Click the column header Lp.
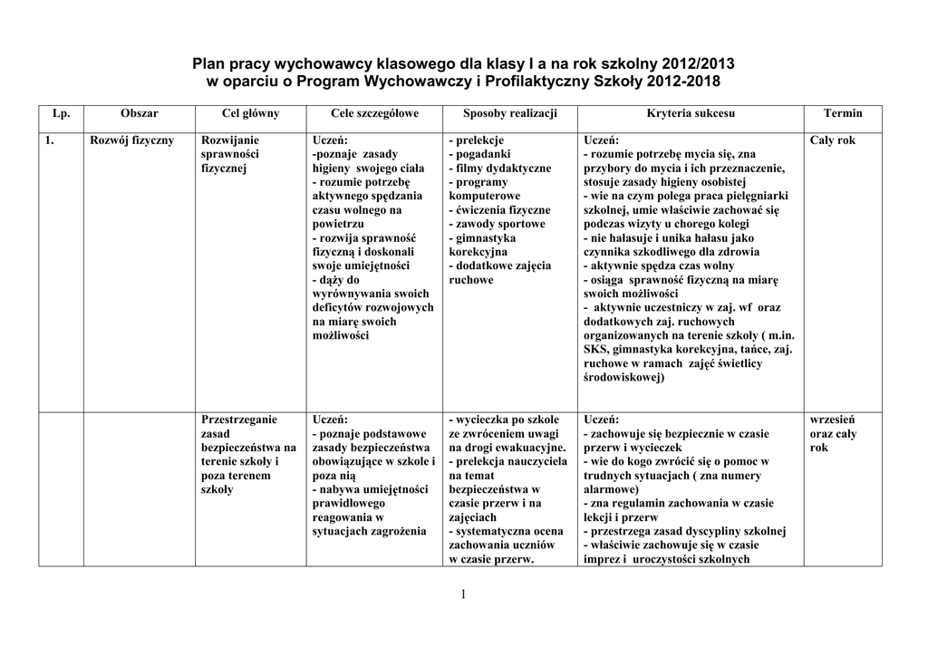62,113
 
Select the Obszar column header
139,113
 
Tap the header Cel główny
250,113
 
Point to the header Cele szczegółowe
374,113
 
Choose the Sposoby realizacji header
509,113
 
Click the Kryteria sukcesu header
691,113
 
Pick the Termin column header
843,113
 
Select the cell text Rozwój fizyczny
132,140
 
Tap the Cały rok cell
832,140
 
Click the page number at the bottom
463,594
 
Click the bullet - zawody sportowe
497,224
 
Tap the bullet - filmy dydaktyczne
499,169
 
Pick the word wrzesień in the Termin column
833,420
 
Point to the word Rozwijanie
230,140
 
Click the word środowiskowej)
624,377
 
